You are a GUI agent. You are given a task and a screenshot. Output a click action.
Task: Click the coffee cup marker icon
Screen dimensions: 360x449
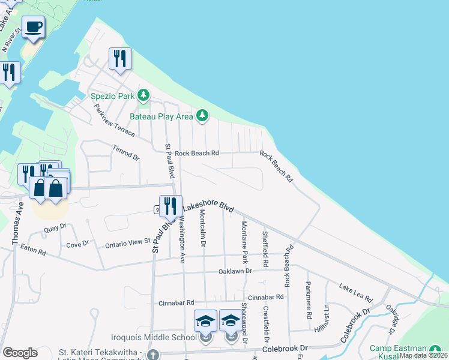[34, 27]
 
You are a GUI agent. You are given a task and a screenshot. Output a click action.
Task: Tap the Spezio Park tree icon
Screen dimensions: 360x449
[143, 95]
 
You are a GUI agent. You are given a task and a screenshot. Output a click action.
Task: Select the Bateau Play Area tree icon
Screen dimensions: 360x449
[202, 115]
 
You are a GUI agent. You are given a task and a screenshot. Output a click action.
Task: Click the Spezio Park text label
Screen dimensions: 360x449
[113, 95]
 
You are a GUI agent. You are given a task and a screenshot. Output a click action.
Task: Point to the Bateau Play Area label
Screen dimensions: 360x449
[163, 115]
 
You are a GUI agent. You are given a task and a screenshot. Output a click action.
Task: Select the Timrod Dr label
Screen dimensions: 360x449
[126, 152]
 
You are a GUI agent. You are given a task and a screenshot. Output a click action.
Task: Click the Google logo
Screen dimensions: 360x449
[20, 353]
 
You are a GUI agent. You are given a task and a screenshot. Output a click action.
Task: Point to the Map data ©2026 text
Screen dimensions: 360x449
[423, 355]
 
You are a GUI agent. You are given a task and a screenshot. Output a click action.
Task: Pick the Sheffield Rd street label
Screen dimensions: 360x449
[265, 249]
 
